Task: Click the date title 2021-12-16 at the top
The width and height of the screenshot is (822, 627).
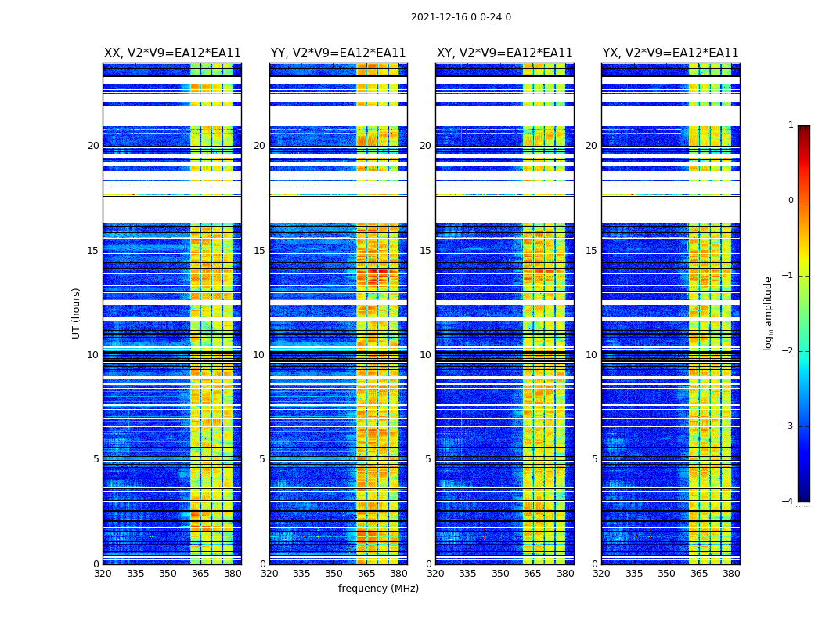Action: pyautogui.click(x=460, y=17)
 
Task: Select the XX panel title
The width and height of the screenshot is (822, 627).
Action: pyautogui.click(x=172, y=53)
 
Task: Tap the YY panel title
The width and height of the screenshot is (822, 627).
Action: pyautogui.click(x=338, y=53)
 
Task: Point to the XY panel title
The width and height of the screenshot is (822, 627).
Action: pyautogui.click(x=504, y=53)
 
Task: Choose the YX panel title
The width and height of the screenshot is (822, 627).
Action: pyautogui.click(x=670, y=53)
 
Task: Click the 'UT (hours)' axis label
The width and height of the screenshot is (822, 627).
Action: pyautogui.click(x=77, y=313)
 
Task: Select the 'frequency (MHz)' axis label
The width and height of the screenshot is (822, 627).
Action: pyautogui.click(x=378, y=589)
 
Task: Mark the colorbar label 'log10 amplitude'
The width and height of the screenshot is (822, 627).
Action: pyautogui.click(x=769, y=313)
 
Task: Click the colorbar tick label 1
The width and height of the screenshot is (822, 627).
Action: pyautogui.click(x=790, y=125)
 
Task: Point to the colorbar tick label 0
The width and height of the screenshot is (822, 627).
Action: pyautogui.click(x=790, y=201)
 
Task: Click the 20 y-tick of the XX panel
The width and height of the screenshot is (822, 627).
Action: pyautogui.click(x=93, y=146)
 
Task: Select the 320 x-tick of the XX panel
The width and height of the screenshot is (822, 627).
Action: pyautogui.click(x=103, y=574)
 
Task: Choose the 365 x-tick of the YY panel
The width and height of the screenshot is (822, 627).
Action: pyautogui.click(x=366, y=574)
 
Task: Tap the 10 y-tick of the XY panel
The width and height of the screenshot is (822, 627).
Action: pyautogui.click(x=425, y=355)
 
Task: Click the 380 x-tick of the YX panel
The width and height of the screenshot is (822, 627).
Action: pyautogui.click(x=731, y=574)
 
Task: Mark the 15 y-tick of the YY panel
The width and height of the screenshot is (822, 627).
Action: pyautogui.click(x=259, y=251)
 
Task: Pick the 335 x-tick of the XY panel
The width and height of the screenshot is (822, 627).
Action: pyautogui.click(x=467, y=574)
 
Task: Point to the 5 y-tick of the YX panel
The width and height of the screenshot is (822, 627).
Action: pyautogui.click(x=594, y=459)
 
